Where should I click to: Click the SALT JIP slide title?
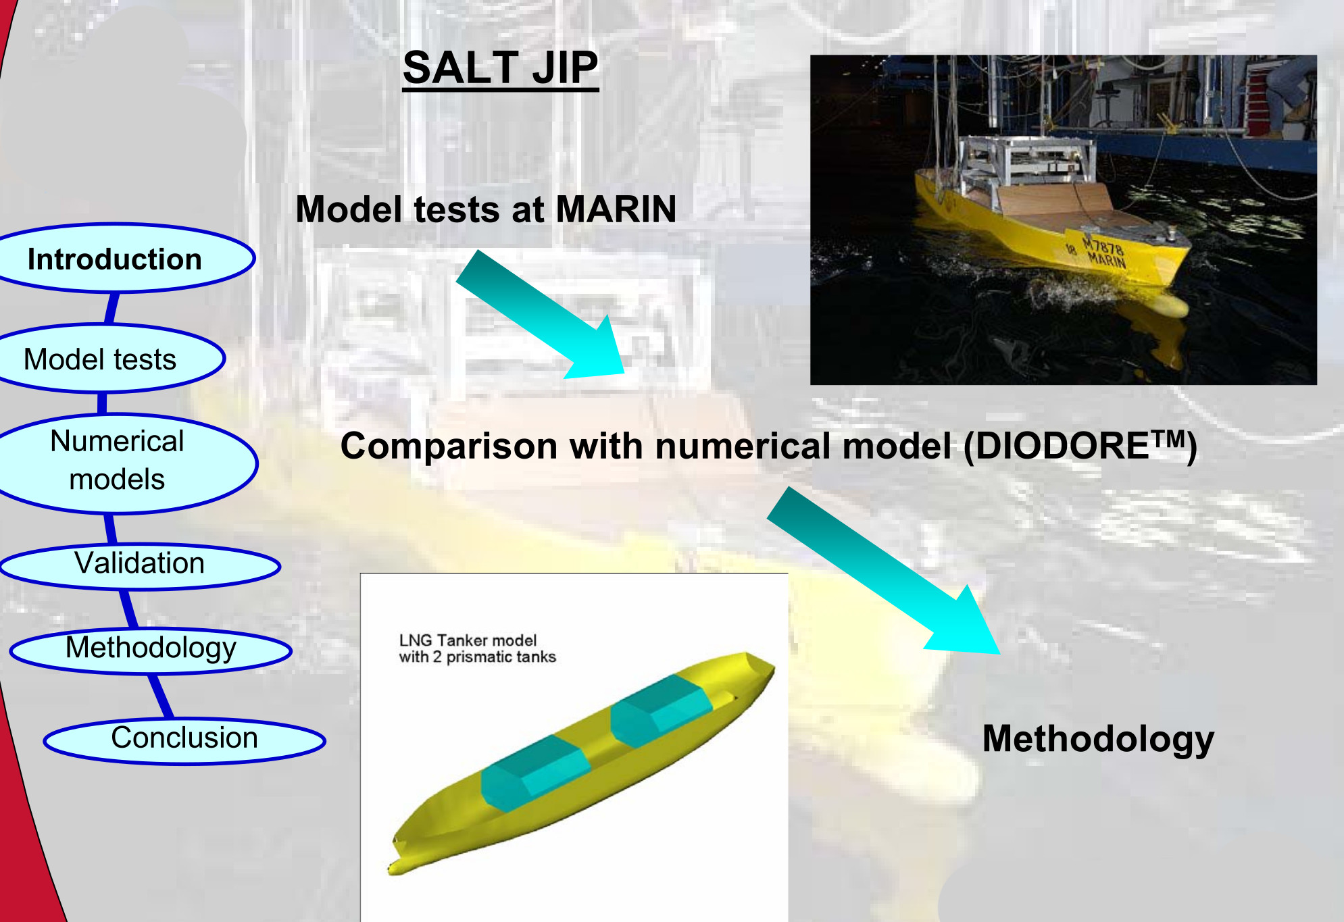point(501,68)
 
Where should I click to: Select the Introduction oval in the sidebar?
point(122,259)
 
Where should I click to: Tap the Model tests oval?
point(108,359)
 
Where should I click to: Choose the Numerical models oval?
point(122,463)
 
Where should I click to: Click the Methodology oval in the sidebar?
point(151,650)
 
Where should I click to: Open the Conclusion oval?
point(184,740)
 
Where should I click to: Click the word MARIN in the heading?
point(616,209)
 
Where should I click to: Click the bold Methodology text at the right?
point(1098,739)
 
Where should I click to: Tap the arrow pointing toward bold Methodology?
point(884,571)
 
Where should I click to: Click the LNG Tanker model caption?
point(477,648)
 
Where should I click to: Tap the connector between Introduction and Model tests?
point(112,309)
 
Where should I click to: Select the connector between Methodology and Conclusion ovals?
point(160,696)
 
